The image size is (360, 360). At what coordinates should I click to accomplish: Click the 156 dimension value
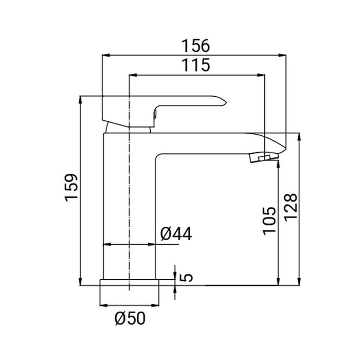[x=195, y=46]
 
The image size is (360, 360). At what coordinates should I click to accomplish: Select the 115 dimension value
[x=195, y=65]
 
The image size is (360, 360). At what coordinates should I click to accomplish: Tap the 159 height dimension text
[x=71, y=188]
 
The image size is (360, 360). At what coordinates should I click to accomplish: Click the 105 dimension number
[x=269, y=221]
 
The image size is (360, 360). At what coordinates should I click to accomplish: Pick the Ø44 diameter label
[x=176, y=234]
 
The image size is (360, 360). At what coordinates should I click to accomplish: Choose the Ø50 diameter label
[x=130, y=318]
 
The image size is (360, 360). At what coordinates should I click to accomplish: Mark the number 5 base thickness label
[x=186, y=278]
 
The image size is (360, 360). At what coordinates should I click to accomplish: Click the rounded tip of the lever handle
[x=225, y=102]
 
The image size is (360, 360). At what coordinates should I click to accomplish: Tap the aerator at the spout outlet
[x=264, y=157]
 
